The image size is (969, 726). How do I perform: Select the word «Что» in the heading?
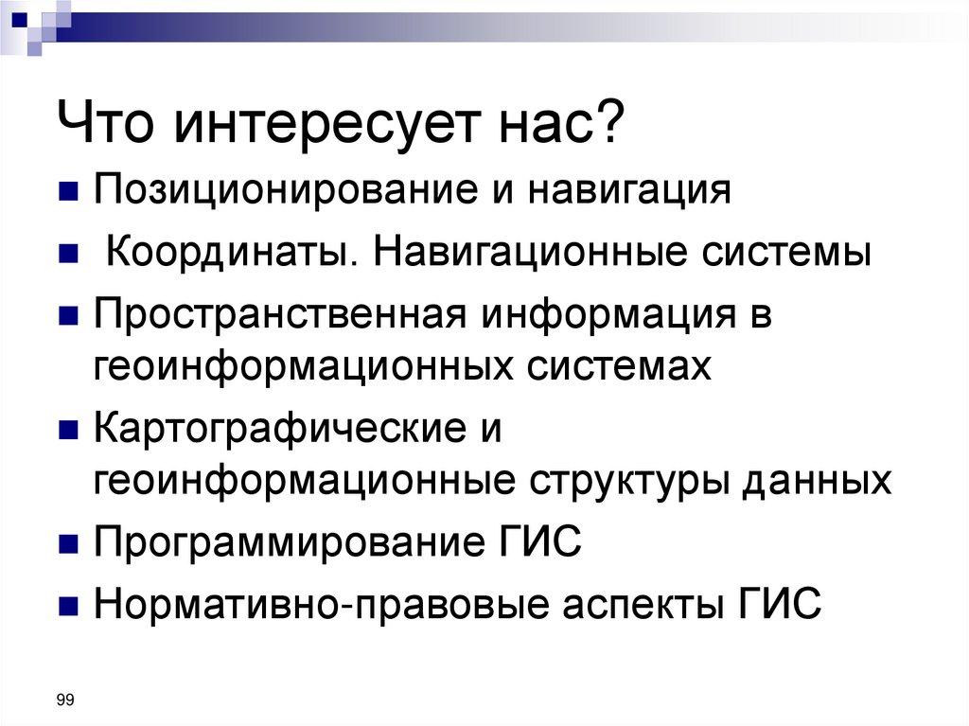tap(109, 126)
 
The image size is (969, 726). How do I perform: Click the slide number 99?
tap(65, 699)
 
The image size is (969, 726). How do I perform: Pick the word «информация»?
tap(611, 315)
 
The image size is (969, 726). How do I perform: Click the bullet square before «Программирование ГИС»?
tap(68, 545)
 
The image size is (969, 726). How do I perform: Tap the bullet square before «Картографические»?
tap(68, 431)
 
